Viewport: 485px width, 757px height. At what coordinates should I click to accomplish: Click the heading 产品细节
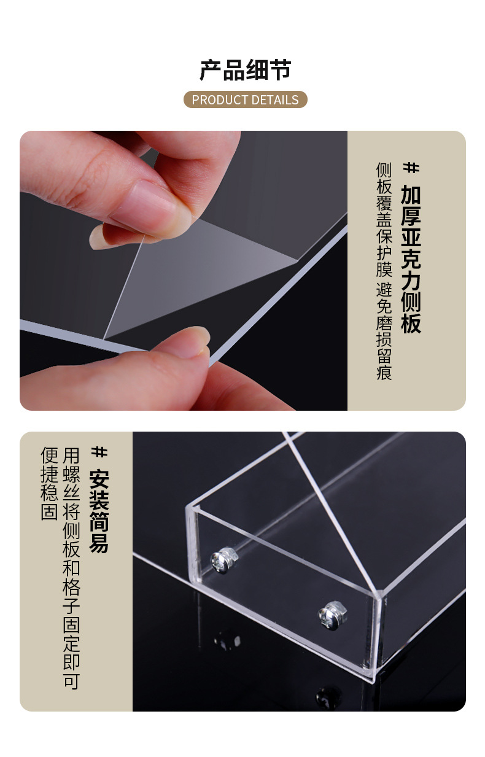point(245,70)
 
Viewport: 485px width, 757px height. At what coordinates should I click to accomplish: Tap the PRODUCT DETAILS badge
point(245,99)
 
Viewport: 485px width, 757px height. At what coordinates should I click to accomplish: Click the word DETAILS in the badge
point(274,99)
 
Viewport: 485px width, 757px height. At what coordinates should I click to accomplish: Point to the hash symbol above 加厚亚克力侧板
point(411,167)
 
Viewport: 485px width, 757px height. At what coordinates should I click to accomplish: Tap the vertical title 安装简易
point(99,511)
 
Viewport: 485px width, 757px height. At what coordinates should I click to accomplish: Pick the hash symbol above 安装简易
point(99,452)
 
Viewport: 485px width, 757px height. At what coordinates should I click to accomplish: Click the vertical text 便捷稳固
point(49,484)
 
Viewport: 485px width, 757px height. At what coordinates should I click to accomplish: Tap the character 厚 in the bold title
point(411,216)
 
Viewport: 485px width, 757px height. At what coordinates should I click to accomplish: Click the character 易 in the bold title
point(99,543)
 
